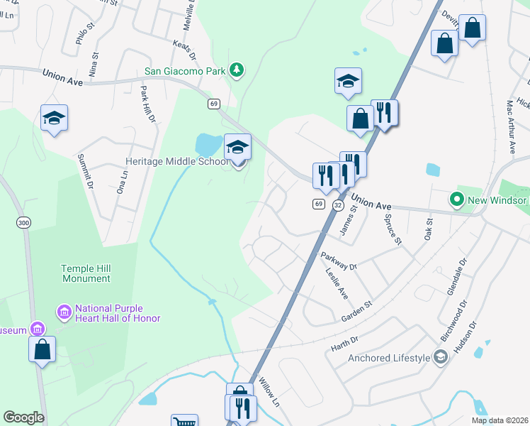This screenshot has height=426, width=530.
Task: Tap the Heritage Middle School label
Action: tap(177, 162)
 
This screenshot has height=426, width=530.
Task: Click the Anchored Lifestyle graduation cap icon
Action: tap(440, 357)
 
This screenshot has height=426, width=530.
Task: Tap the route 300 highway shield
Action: tap(24, 223)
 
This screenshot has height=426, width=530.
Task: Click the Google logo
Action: tap(23, 417)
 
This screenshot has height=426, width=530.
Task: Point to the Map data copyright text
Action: tap(499, 420)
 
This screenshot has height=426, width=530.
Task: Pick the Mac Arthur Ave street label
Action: tap(511, 126)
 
